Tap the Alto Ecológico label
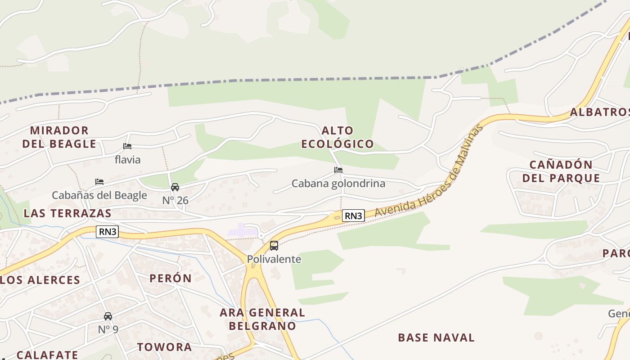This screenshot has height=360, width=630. tap(337, 137)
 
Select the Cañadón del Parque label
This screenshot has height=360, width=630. tap(561, 171)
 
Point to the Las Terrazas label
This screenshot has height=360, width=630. tap(67, 213)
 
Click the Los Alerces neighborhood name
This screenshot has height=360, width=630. tap(40, 280)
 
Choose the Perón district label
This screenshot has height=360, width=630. tap(171, 278)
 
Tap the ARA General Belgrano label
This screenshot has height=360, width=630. tap(262, 319)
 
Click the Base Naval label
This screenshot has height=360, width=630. tap(436, 337)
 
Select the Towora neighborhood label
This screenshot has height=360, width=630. tap(165, 347)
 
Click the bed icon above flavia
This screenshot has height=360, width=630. tap(127, 146)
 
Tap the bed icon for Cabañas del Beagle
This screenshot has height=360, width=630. tap(99, 182)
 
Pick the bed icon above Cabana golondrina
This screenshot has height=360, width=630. tap(338, 170)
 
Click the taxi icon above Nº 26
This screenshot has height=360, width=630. tap(175, 187)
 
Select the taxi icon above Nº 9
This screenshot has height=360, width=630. tap(108, 316)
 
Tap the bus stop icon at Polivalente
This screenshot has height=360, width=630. tap(274, 246)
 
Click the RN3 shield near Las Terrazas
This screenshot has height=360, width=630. tap(107, 232)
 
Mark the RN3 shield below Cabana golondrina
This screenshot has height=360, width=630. tap(353, 216)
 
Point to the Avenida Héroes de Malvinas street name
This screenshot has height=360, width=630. tap(430, 171)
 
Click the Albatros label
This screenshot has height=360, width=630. tap(599, 112)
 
